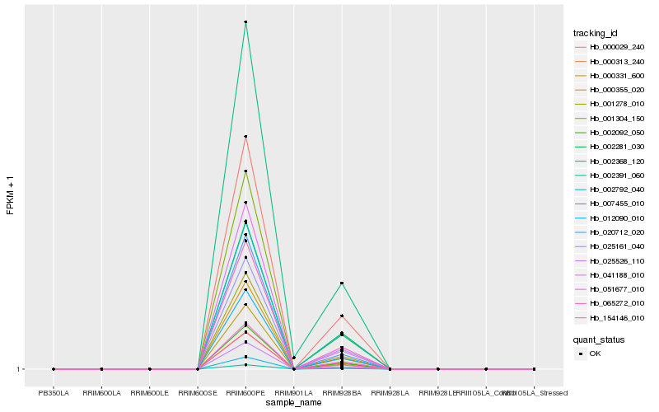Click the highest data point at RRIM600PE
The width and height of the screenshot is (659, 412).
point(245,22)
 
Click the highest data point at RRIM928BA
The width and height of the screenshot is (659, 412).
point(342,283)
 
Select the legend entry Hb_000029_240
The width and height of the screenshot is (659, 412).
point(610,47)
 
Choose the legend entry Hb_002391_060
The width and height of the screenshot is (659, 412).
point(610,176)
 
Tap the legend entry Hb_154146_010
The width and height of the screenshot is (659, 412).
point(610,318)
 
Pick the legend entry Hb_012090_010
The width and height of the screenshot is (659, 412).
point(610,218)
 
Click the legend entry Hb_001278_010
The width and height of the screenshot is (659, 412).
point(610,104)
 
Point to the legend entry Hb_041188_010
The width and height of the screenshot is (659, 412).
point(610,275)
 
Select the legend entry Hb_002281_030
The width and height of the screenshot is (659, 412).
point(610,147)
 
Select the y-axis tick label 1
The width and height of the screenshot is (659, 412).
point(19,369)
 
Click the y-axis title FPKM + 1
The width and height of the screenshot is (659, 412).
point(11,194)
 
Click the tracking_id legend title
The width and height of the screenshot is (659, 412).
point(595,33)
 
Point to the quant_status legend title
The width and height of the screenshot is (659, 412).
point(599,339)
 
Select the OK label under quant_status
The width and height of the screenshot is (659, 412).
point(596,353)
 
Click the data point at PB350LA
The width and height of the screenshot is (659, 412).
point(54,369)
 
